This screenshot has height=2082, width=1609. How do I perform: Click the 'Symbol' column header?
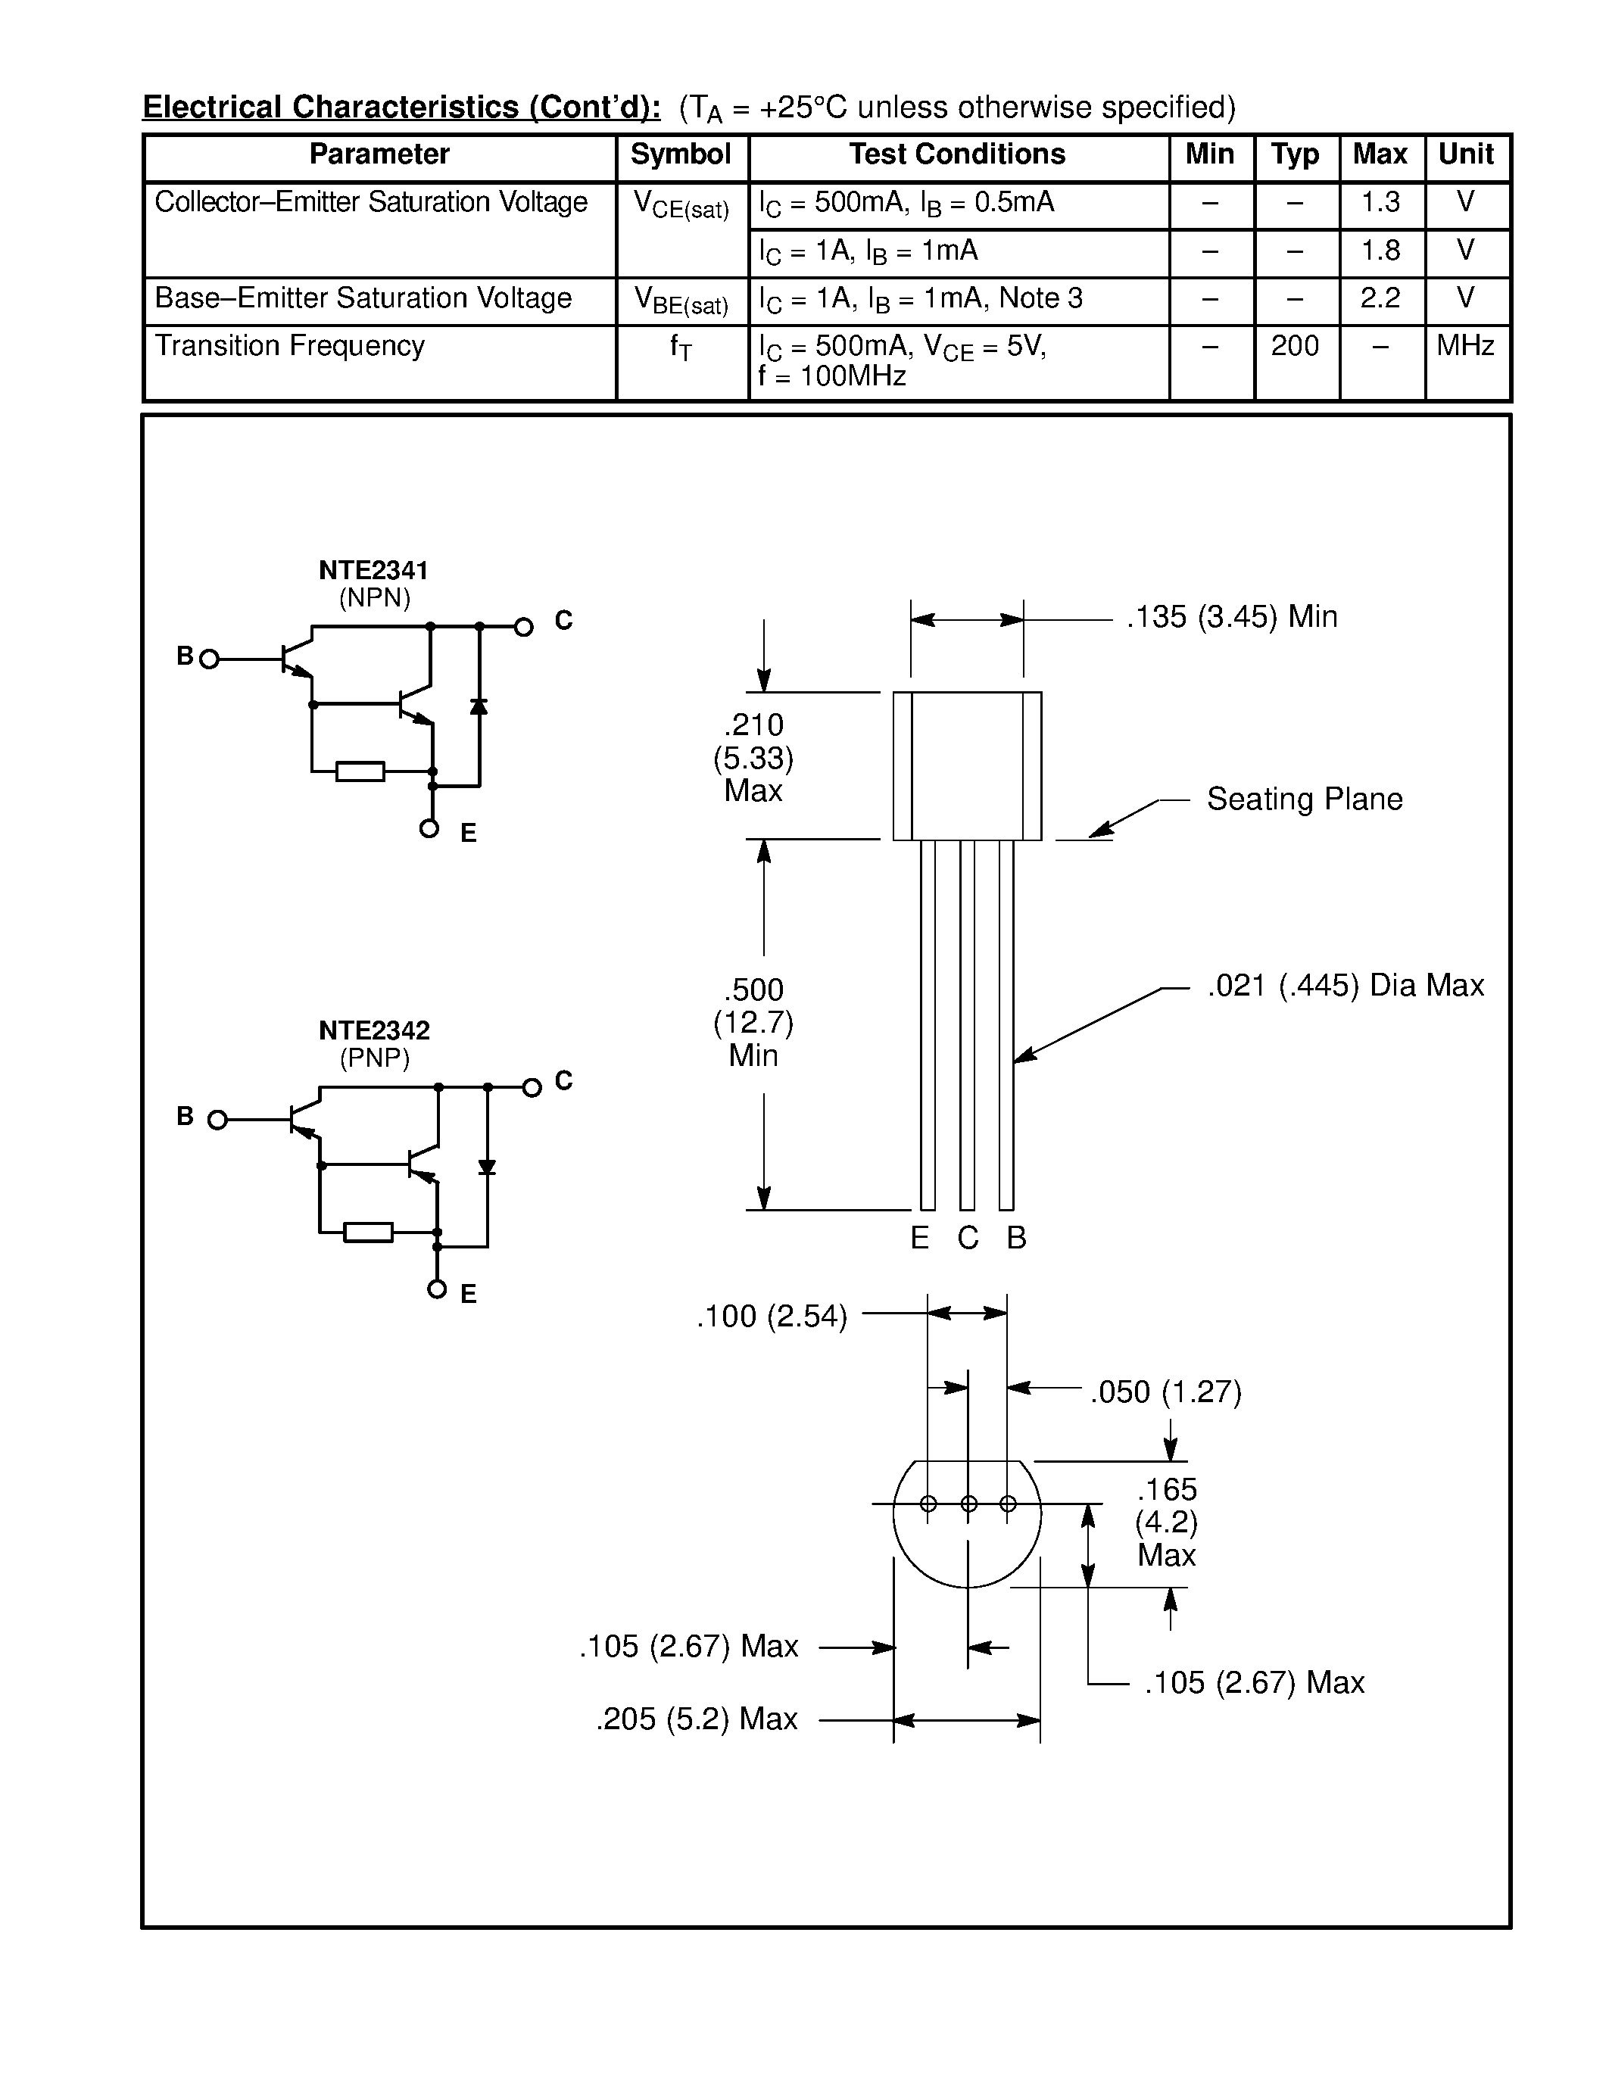681,154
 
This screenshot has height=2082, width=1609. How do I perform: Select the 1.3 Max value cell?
1380,203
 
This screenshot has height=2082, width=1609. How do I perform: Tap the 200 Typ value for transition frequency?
1295,346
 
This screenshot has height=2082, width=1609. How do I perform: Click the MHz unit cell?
1465,346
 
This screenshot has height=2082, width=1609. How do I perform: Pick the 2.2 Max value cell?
1380,298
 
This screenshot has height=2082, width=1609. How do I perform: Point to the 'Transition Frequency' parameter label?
290,346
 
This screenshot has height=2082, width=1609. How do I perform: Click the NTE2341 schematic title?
373,570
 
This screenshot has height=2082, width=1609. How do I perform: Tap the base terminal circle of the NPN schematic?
210,659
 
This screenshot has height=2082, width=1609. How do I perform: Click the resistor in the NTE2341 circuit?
360,771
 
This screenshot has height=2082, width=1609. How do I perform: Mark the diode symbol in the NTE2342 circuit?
487,1167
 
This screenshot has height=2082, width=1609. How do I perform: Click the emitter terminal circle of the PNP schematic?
437,1289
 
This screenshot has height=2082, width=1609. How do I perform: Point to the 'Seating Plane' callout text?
1304,799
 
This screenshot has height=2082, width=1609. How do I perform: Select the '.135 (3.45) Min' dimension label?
1231,618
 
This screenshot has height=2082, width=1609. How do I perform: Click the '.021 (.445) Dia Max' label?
1345,986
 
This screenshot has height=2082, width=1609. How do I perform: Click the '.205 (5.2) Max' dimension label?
697,1719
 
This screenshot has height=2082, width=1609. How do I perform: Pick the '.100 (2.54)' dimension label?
772,1317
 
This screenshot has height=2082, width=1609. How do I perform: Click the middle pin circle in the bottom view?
968,1504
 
